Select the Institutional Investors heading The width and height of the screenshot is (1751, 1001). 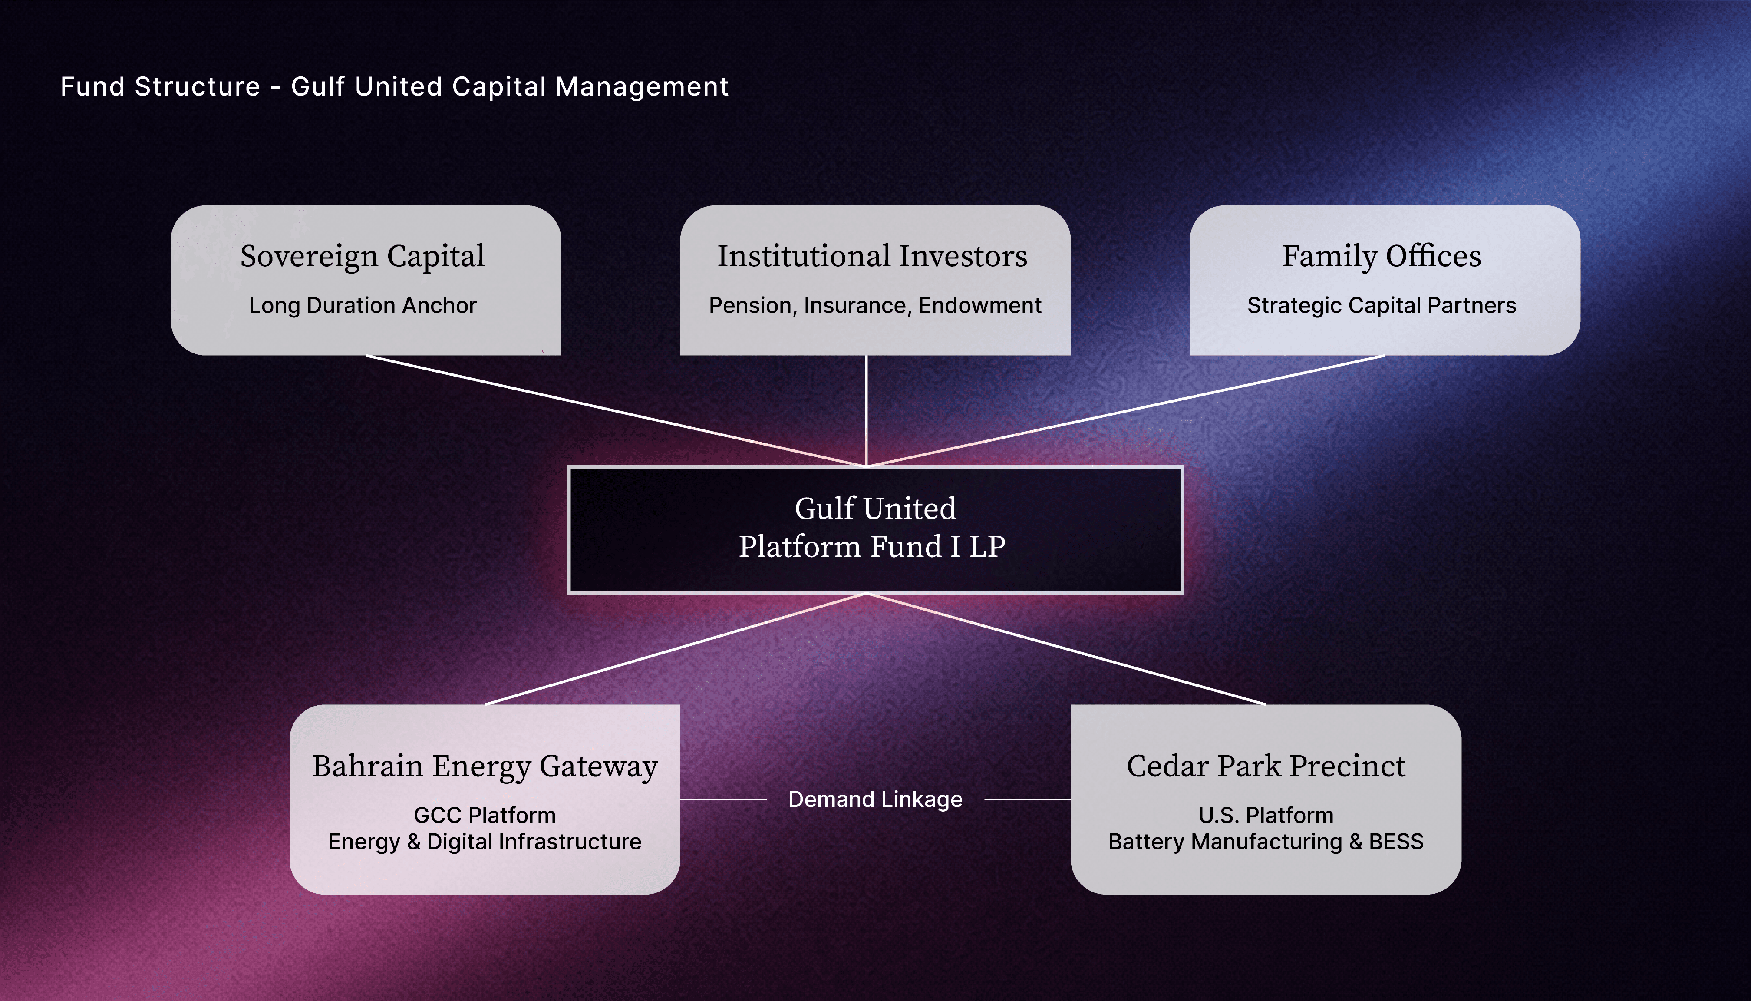[872, 256]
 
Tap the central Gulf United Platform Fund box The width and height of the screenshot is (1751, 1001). [875, 529]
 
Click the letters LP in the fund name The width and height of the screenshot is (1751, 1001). [987, 547]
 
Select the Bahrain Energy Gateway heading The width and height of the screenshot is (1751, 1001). [485, 766]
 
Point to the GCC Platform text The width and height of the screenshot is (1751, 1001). [485, 816]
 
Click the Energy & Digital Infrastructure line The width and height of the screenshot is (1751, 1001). [485, 842]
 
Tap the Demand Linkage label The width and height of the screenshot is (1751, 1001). [875, 799]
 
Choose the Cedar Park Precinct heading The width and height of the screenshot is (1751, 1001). [1266, 766]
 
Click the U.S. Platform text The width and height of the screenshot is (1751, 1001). [1266, 816]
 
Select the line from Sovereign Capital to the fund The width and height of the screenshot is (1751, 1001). [615, 410]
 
